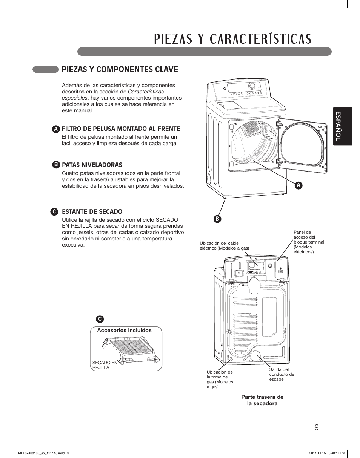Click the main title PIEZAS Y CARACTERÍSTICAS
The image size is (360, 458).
tap(233, 39)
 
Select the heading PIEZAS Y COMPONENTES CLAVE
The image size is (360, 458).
tap(120, 69)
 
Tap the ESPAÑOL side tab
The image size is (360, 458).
tap(338, 126)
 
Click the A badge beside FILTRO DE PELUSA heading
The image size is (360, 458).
tap(56, 129)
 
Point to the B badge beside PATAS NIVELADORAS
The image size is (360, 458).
tap(56, 165)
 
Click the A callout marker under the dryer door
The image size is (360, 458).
tap(298, 185)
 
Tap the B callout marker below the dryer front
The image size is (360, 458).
tap(218, 219)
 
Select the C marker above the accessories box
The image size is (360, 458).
tap(100, 319)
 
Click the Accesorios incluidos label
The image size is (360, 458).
tap(124, 330)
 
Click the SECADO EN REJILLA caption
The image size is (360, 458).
tap(105, 365)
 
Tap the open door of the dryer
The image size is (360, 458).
tap(303, 145)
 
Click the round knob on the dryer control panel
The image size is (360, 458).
tap(252, 86)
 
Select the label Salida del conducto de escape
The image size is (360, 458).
tap(282, 374)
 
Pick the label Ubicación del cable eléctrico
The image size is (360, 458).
tap(224, 246)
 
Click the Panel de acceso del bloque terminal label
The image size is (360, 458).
tap(308, 242)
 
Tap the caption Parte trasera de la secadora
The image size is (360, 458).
tap(262, 400)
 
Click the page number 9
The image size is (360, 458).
tap(316, 427)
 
